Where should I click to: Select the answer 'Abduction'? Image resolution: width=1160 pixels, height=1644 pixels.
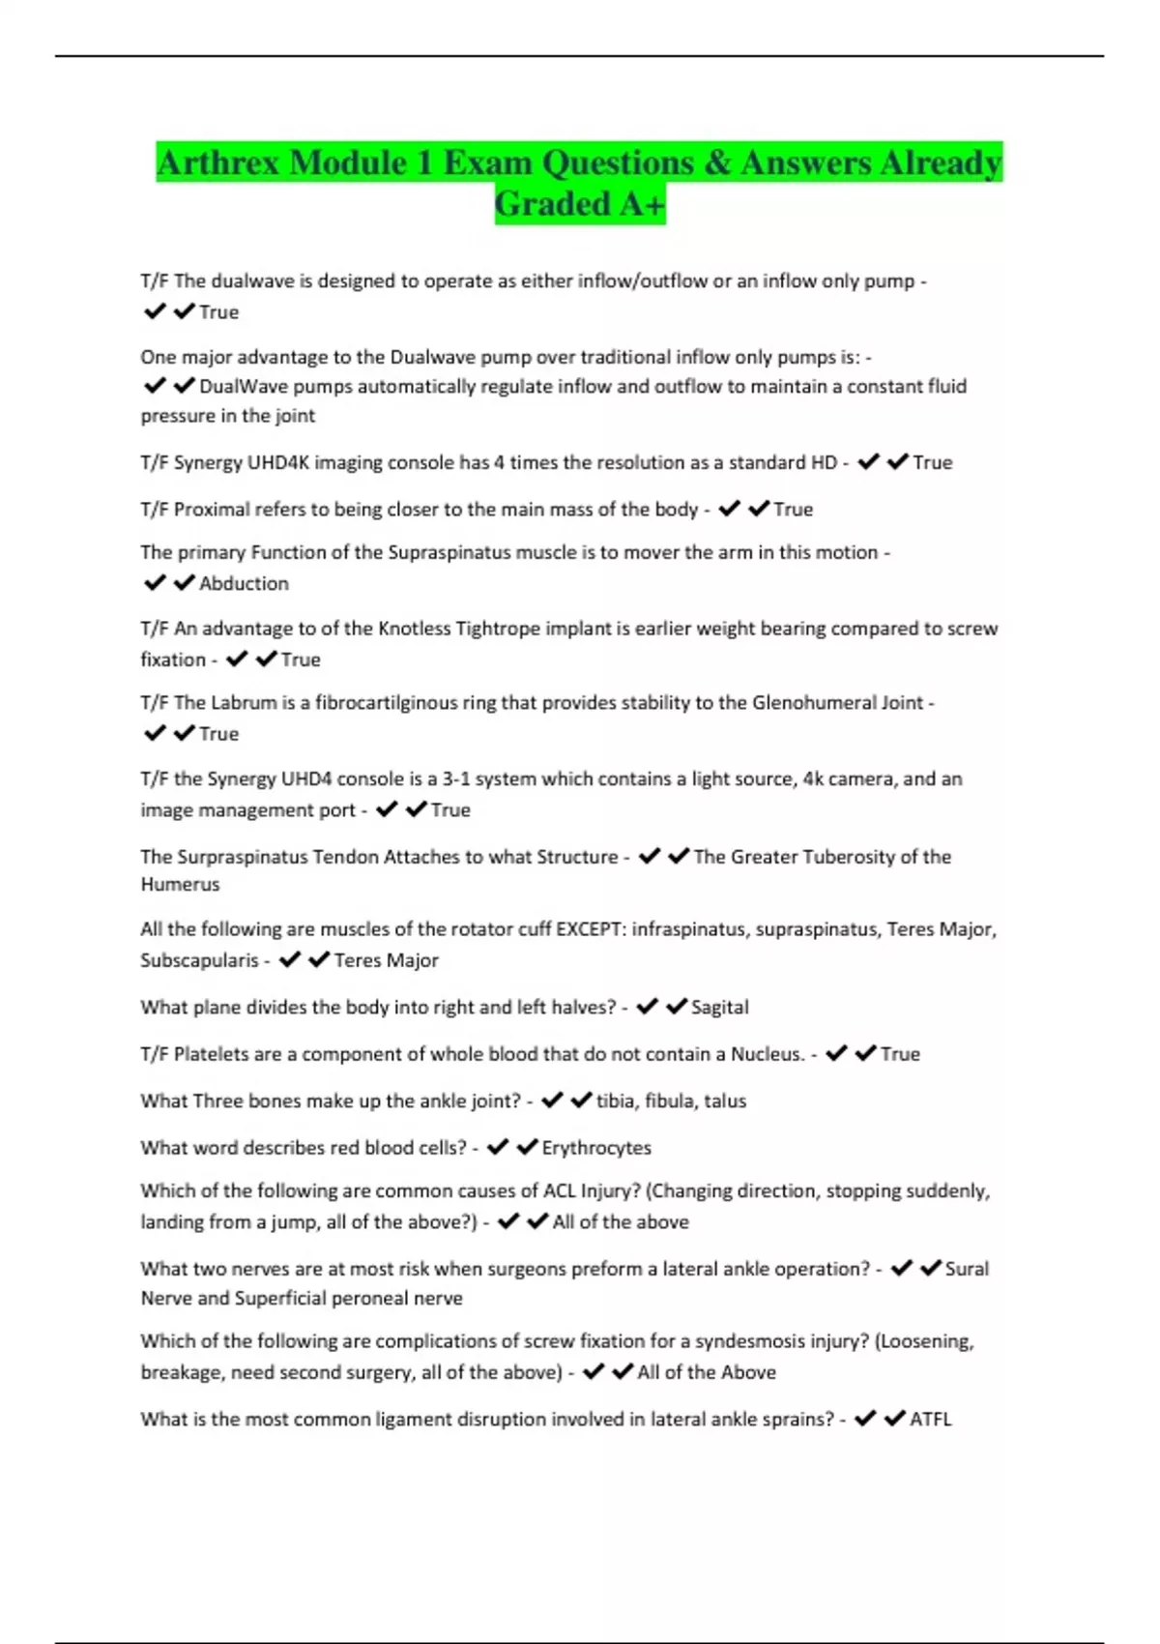[244, 583]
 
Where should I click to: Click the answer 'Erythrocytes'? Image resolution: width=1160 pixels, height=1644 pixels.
[596, 1148]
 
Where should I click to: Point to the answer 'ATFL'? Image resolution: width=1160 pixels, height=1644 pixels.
[931, 1419]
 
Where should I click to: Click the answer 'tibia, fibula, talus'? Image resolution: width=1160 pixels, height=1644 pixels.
[671, 1101]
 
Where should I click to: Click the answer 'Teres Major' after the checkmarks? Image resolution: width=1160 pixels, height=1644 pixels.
[386, 960]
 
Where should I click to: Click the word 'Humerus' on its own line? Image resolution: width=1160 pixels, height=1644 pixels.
[180, 884]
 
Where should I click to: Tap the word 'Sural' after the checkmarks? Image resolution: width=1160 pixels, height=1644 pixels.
[967, 1269]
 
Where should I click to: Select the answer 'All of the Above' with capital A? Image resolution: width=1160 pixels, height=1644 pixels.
[707, 1372]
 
